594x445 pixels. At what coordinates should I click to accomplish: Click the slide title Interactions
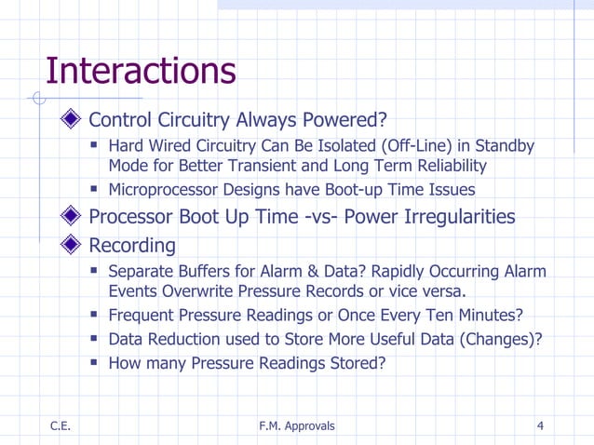coord(140,71)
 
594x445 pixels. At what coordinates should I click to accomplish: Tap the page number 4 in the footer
coord(541,426)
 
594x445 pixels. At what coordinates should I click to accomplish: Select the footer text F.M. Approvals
coord(296,426)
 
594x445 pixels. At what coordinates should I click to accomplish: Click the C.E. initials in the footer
coord(61,426)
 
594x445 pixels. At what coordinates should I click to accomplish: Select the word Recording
coord(131,246)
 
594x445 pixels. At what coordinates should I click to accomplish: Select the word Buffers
coord(208,272)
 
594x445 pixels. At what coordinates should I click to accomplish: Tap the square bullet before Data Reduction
coord(95,339)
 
